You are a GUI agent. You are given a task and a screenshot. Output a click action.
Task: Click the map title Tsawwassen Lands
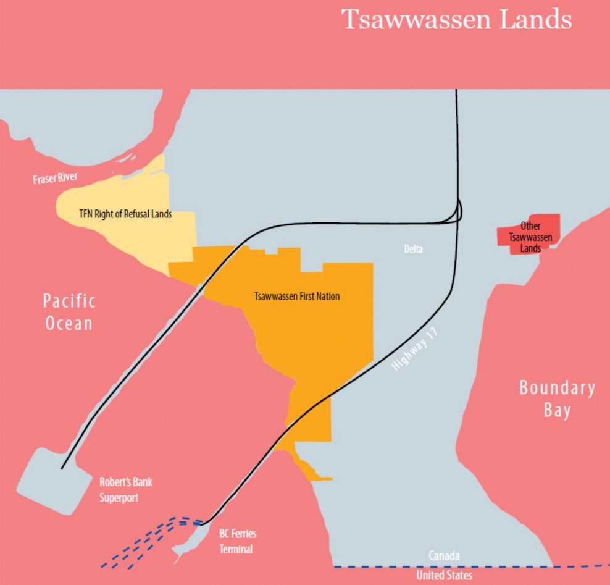point(457,20)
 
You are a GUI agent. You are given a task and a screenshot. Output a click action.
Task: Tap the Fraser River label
point(55,179)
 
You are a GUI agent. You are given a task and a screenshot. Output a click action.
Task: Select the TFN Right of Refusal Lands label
point(125,215)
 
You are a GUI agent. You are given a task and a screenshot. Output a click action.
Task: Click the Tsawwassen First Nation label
point(297,296)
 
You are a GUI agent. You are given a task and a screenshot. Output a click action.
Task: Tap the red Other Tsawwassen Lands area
point(529,235)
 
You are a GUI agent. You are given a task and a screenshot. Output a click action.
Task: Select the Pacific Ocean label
point(69,312)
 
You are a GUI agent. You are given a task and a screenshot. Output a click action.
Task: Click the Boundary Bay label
point(557,399)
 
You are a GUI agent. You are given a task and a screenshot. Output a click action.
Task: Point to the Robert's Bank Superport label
point(126,490)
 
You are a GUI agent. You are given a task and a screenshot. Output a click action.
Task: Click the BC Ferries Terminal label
point(238,541)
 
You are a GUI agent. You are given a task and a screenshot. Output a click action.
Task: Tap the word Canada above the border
point(444,557)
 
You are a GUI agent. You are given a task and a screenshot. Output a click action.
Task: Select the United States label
point(444,576)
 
